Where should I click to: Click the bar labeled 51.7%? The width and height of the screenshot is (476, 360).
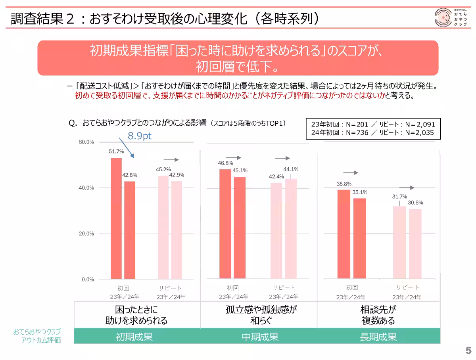point(116,218)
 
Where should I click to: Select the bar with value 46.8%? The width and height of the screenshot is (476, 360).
point(225,224)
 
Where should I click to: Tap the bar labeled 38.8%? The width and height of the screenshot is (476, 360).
point(344,234)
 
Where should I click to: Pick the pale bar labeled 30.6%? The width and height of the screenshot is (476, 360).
point(415,243)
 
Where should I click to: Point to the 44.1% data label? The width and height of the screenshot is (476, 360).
point(291,169)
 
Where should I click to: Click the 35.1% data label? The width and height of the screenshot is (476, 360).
point(360,192)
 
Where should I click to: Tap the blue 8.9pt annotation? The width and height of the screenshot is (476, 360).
point(140,136)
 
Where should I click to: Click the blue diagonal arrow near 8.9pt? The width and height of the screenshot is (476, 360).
point(127,147)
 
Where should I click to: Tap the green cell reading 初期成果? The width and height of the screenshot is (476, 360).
point(134,337)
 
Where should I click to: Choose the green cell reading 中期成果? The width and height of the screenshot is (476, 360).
point(260,337)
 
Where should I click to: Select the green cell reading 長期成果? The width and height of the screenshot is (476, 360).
point(378,337)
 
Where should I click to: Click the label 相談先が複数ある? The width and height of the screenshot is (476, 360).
point(378,315)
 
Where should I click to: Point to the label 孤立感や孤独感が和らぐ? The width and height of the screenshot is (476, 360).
point(260,315)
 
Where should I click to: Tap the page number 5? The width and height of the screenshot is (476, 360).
point(468,351)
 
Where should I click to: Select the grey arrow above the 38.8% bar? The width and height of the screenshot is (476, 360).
point(351,173)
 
